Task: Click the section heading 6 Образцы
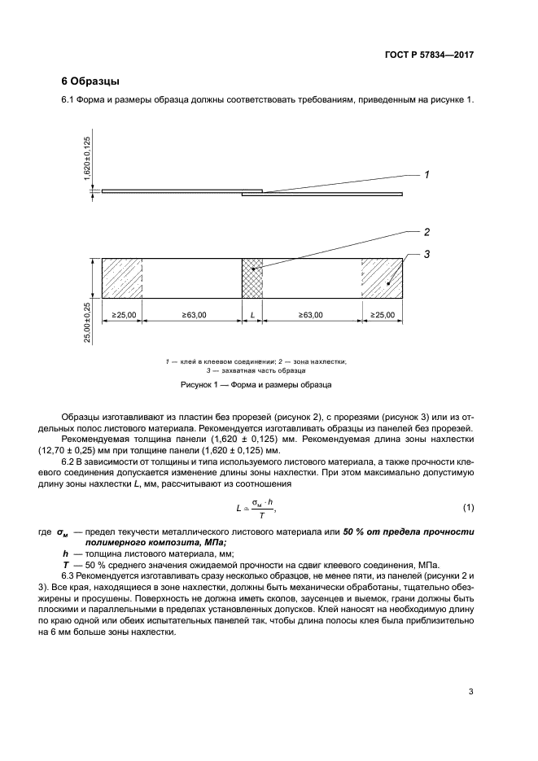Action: tap(90, 81)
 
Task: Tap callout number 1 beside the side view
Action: tap(426, 174)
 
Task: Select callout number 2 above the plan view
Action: tap(426, 231)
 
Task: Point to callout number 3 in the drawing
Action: tap(426, 255)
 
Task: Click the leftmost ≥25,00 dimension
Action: tap(122, 314)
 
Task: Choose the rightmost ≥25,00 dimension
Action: tap(383, 314)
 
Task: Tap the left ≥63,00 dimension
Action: tap(192, 314)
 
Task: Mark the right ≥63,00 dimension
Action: tap(310, 314)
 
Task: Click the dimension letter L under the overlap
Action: tap(253, 314)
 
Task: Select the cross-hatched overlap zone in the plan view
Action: tap(253, 279)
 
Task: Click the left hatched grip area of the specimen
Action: tap(122, 279)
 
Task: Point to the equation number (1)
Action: tap(468, 508)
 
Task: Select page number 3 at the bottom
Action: tap(470, 693)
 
